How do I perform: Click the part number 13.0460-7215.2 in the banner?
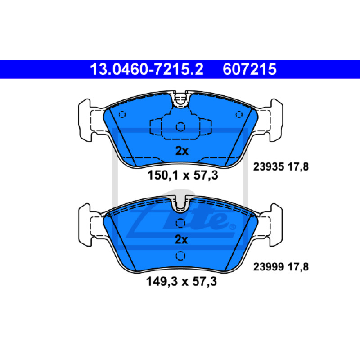click(x=147, y=69)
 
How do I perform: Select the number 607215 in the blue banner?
click(x=250, y=69)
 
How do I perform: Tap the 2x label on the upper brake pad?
click(x=182, y=151)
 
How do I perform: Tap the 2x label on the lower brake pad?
click(x=181, y=239)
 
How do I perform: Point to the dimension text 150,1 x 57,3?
click(x=183, y=175)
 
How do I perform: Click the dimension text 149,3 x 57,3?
click(x=181, y=281)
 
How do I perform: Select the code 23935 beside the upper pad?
click(x=268, y=166)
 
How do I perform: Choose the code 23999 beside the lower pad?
click(x=268, y=267)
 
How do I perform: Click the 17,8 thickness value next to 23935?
click(x=298, y=167)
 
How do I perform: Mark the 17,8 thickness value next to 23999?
click(x=298, y=267)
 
